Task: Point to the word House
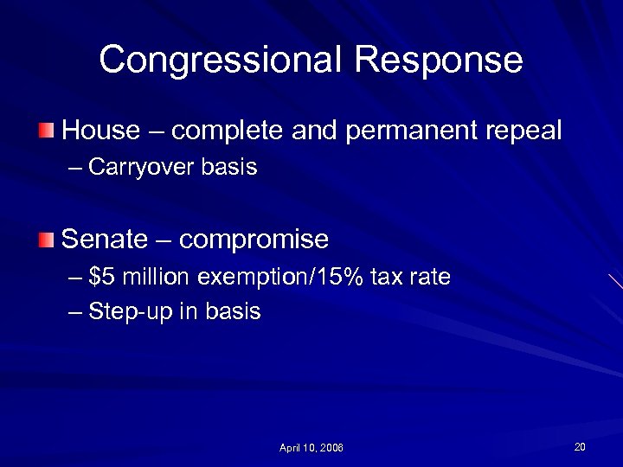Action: pos(101,131)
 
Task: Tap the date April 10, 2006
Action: pos(311,448)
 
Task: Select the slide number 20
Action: pos(580,446)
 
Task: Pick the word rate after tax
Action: pos(431,278)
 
